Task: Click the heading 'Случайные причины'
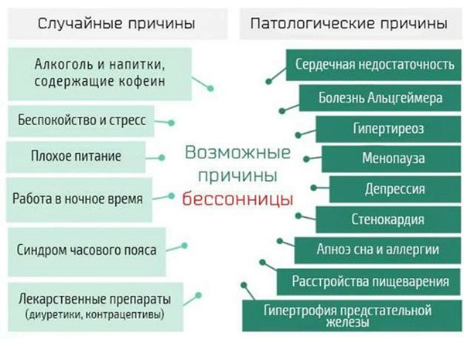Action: pos(116,23)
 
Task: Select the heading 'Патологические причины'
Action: pos(349,23)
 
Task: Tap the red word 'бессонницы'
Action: pos(237,199)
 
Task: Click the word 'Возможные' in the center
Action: pos(238,153)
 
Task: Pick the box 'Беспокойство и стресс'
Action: pos(81,121)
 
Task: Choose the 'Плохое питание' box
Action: pos(76,157)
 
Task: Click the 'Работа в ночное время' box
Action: pos(79,199)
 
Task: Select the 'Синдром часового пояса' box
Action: pos(87,252)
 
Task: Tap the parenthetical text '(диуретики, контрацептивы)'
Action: pos(94,314)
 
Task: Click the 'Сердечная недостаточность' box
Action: pos(374,65)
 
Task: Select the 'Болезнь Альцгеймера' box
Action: pos(380,98)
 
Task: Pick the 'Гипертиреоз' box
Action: pos(388,129)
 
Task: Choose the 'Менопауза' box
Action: pos(391,158)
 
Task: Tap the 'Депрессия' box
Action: pos(395,189)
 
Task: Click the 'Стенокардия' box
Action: pos(388,219)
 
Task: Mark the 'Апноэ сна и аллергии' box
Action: pos(377,250)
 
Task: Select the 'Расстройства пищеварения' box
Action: pos(369,282)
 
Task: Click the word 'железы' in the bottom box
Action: pos(347,322)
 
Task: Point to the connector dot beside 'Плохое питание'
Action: pos(162,158)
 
